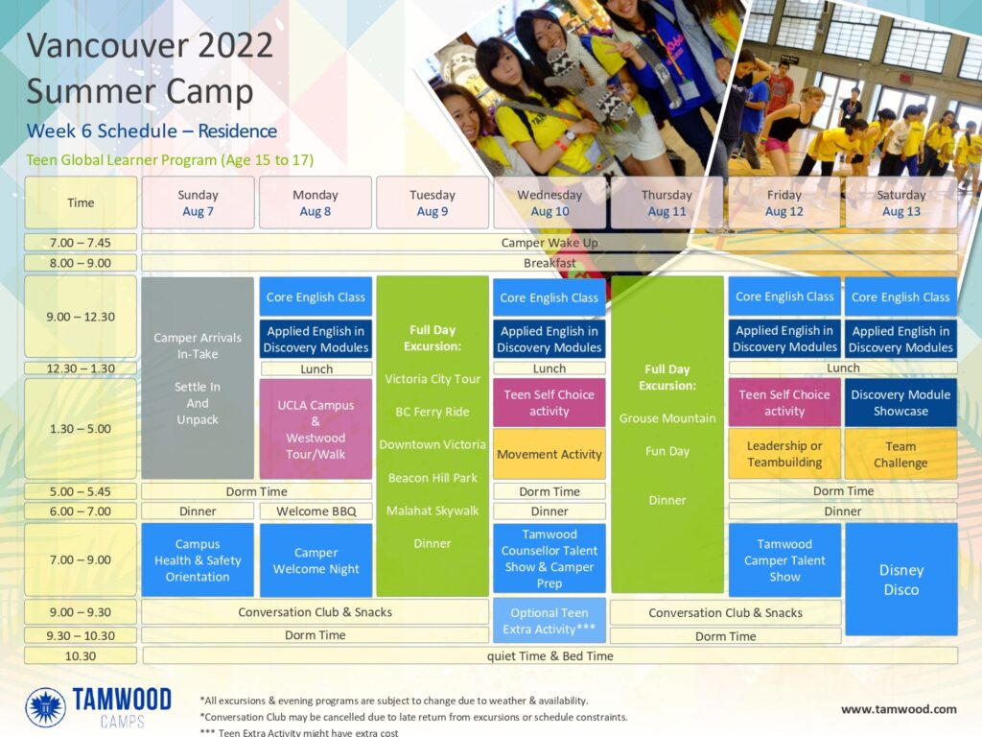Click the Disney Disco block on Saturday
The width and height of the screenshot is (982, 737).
(x=901, y=580)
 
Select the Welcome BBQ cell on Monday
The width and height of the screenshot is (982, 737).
(x=316, y=511)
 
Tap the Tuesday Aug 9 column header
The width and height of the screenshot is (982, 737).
(x=433, y=202)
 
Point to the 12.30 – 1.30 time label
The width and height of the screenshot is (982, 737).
(x=81, y=368)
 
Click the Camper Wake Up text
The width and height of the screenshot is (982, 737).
(x=549, y=243)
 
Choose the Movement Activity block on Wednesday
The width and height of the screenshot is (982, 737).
(x=549, y=454)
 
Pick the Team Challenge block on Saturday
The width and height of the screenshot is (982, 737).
(x=900, y=454)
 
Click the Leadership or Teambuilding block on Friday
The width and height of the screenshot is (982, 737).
(x=784, y=454)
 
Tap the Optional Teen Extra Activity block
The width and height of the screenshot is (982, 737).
(x=549, y=621)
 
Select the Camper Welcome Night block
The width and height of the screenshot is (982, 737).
(x=316, y=560)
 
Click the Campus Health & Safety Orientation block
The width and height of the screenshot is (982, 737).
(x=198, y=560)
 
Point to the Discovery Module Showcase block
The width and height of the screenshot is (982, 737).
(x=900, y=402)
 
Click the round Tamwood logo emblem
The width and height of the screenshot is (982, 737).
(x=46, y=707)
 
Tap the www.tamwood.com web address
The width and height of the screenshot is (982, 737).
(x=899, y=709)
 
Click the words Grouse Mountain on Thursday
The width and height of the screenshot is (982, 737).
(x=667, y=418)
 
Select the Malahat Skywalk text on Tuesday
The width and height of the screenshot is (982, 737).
(x=433, y=511)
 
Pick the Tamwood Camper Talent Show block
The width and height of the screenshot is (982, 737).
(x=784, y=560)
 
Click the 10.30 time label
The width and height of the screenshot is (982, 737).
(x=81, y=656)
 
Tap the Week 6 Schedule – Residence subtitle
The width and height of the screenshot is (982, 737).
(x=152, y=131)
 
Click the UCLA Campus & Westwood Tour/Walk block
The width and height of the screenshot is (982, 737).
(x=316, y=429)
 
